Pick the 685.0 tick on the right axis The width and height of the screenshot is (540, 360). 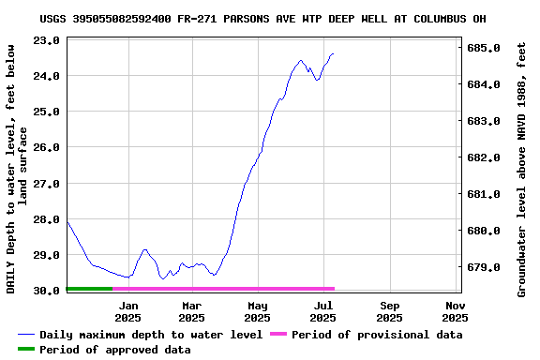pos(483,48)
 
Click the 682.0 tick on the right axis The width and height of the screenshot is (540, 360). pos(483,157)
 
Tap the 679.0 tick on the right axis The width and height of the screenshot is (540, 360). pos(483,267)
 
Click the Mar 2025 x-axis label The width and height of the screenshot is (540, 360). pos(191,311)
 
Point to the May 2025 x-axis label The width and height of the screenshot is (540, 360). pos(258,311)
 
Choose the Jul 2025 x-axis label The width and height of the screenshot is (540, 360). pos(323,311)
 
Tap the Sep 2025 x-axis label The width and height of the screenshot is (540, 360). pos(390,311)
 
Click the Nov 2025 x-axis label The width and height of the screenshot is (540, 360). pos(456,311)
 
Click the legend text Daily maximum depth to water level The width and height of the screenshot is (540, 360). pos(151,335)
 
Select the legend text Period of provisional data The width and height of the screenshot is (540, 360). pos(377,335)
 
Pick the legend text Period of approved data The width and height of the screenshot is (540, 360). pos(114,350)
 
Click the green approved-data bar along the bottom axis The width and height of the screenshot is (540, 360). pos(89,289)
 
